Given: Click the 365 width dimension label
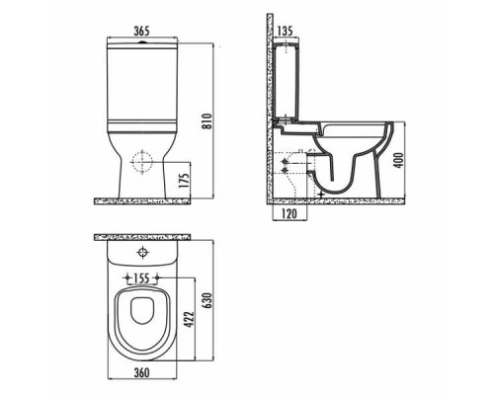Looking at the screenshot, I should pyautogui.click(x=144, y=31).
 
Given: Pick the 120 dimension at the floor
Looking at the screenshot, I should pyautogui.click(x=290, y=213).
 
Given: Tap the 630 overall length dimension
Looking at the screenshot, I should pyautogui.click(x=208, y=299).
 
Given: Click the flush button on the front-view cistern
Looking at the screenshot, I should pyautogui.click(x=144, y=43).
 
